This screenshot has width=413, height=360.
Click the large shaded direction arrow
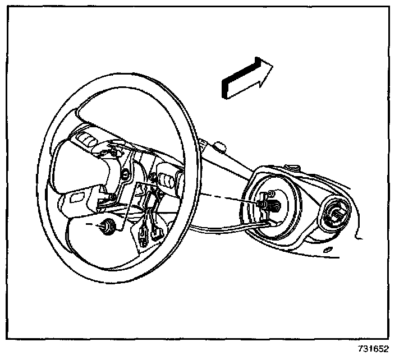pyautogui.click(x=246, y=79)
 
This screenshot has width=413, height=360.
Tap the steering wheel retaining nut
pyautogui.click(x=107, y=226)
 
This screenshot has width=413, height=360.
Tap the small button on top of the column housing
pyautogui.click(x=294, y=167)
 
